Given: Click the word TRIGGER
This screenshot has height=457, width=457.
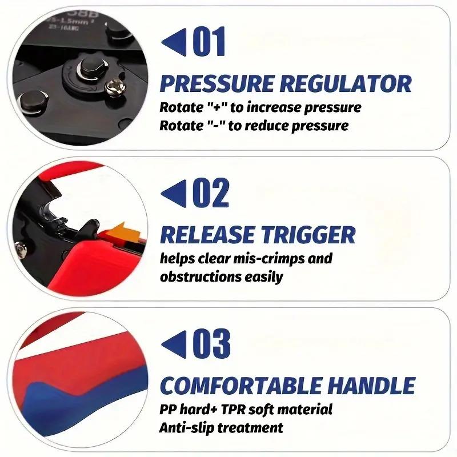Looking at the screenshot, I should tap(308, 235).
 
